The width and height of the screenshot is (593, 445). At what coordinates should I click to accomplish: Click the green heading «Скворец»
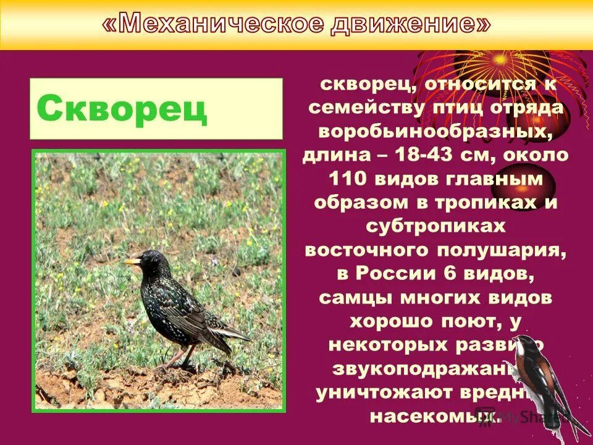pyautogui.click(x=122, y=109)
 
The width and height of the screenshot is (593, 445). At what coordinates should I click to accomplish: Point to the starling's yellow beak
pyautogui.click(x=131, y=262)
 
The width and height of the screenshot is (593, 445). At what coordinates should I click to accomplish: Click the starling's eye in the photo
pyautogui.click(x=143, y=259)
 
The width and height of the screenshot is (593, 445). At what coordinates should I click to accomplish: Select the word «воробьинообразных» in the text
pyautogui.click(x=435, y=132)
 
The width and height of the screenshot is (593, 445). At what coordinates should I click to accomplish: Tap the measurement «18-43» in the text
pyautogui.click(x=426, y=156)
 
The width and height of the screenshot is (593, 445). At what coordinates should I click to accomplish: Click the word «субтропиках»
pyautogui.click(x=435, y=226)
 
